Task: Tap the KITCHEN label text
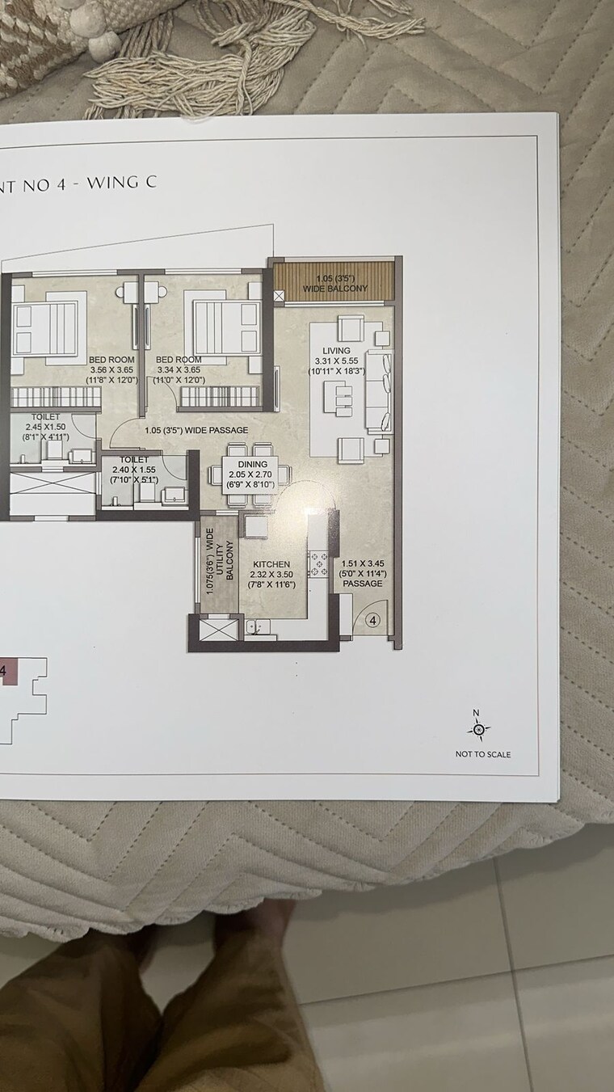271,564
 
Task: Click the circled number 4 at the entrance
372,621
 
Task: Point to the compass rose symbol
478,730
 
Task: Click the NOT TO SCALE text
482,755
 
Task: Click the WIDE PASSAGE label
196,430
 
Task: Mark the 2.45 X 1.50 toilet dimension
45,426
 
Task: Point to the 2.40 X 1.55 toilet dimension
134,469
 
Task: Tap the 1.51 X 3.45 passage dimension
361,563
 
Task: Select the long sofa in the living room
377,390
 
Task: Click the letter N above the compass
476,713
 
